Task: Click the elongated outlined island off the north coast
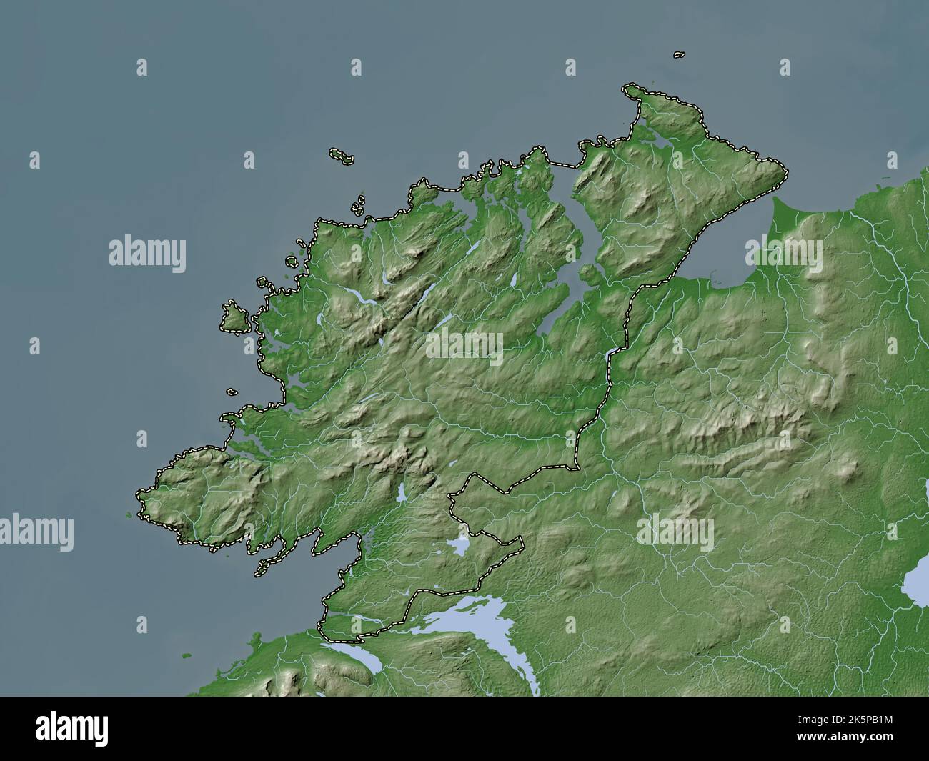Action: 342,155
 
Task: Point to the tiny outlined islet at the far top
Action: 679,54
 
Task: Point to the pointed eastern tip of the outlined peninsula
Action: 785,171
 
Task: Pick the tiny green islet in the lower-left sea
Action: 187,654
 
